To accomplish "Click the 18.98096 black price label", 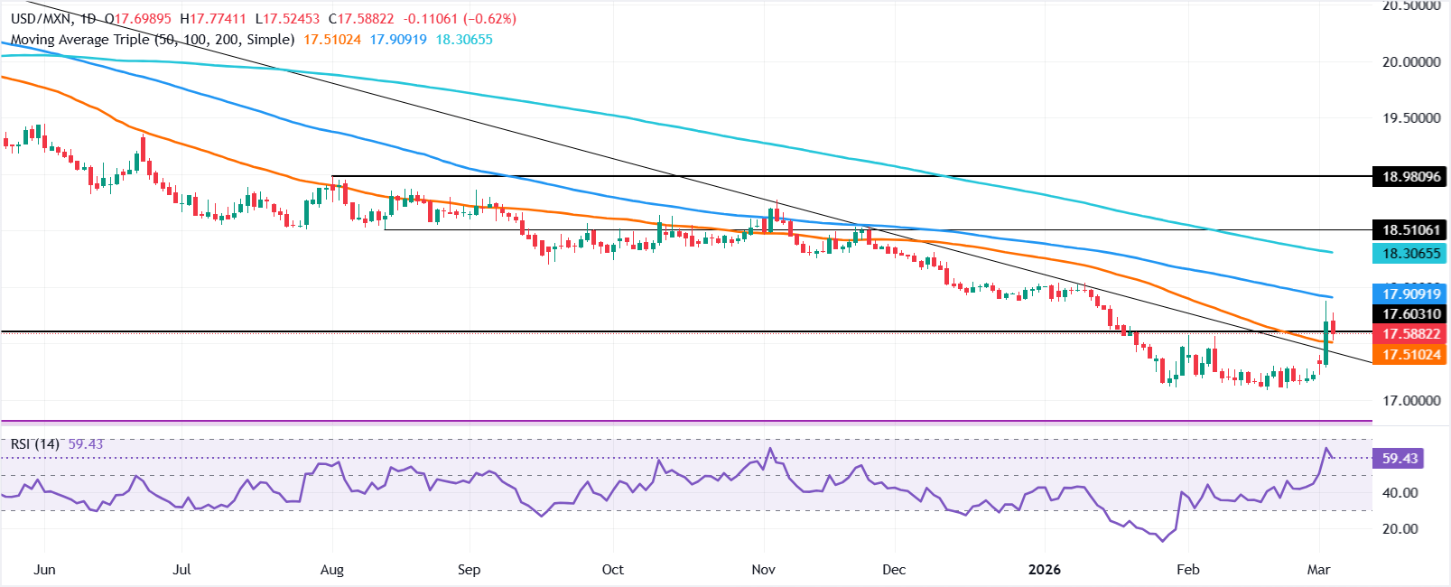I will tap(1411, 177).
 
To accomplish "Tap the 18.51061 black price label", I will tap(1411, 229).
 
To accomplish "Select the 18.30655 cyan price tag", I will tap(1411, 254).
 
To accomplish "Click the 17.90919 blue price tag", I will tap(1411, 293).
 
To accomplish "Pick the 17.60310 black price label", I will tap(1411, 314).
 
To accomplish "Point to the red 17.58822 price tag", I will tap(1411, 334).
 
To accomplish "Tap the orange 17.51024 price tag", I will tap(1411, 355).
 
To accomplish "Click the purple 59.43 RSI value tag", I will tap(1400, 459).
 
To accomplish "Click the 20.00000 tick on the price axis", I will tap(1411, 62).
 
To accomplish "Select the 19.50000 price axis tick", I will tap(1411, 118).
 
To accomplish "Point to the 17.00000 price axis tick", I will tap(1411, 400).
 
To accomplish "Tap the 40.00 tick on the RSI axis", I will tap(1400, 493).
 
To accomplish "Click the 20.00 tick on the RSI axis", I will tap(1400, 529).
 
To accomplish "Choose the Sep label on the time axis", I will tap(469, 570).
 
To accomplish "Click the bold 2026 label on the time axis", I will tap(1044, 570).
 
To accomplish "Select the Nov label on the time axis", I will tap(763, 570).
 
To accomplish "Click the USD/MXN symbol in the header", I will tap(37, 19).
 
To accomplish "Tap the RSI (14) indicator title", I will tap(34, 444).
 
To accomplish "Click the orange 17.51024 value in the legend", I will tap(332, 40).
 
